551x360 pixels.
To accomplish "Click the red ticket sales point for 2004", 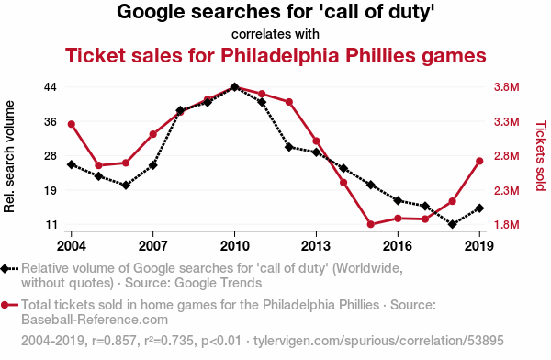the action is pyautogui.click(x=72, y=124).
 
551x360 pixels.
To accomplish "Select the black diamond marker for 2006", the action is pyautogui.click(x=126, y=185).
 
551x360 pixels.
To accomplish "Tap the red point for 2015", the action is pyautogui.click(x=370, y=224).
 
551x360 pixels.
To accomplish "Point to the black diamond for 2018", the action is pyautogui.click(x=452, y=224).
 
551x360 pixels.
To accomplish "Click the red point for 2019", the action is pyautogui.click(x=479, y=161).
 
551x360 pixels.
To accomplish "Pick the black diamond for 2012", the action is pyautogui.click(x=289, y=147).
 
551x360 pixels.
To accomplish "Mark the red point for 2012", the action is pyautogui.click(x=289, y=102).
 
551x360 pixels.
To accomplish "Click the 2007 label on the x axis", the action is pyautogui.click(x=152, y=246).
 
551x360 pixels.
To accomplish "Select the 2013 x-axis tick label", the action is pyautogui.click(x=316, y=246).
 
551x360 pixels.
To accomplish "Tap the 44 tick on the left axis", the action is pyautogui.click(x=51, y=87).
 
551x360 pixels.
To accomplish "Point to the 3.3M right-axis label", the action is pyautogui.click(x=506, y=122).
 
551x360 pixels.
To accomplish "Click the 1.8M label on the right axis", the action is pyautogui.click(x=506, y=225).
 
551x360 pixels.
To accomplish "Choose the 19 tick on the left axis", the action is pyautogui.click(x=51, y=190).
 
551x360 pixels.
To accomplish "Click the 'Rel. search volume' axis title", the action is pyautogui.click(x=9, y=156).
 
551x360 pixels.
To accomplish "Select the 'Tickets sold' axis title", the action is pyautogui.click(x=541, y=156).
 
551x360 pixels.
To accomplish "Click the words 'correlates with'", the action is pyautogui.click(x=275, y=34).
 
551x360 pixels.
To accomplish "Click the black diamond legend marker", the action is pyautogui.click(x=5, y=268).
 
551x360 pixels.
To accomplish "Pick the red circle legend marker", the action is pyautogui.click(x=5, y=305).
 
